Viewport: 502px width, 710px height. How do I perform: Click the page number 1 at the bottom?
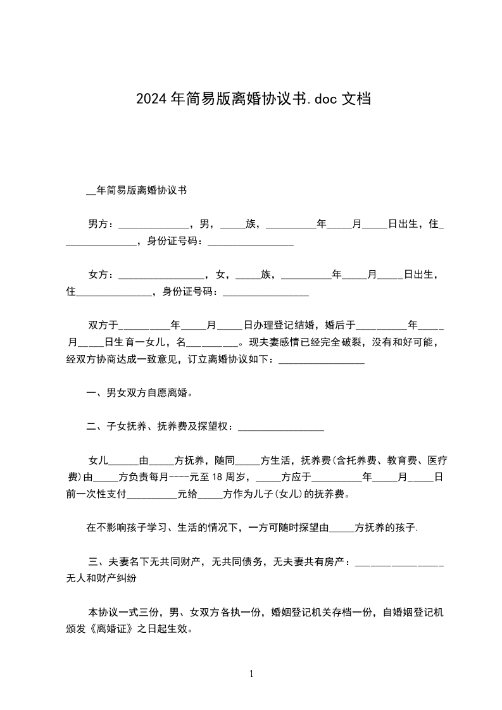pos(251,674)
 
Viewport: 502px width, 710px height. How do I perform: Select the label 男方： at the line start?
pos(101,224)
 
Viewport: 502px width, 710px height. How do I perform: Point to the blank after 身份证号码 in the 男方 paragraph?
pos(250,242)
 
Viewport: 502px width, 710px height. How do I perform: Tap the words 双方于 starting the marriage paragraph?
pos(103,325)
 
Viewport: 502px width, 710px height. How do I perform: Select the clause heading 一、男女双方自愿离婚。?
pos(139,393)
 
